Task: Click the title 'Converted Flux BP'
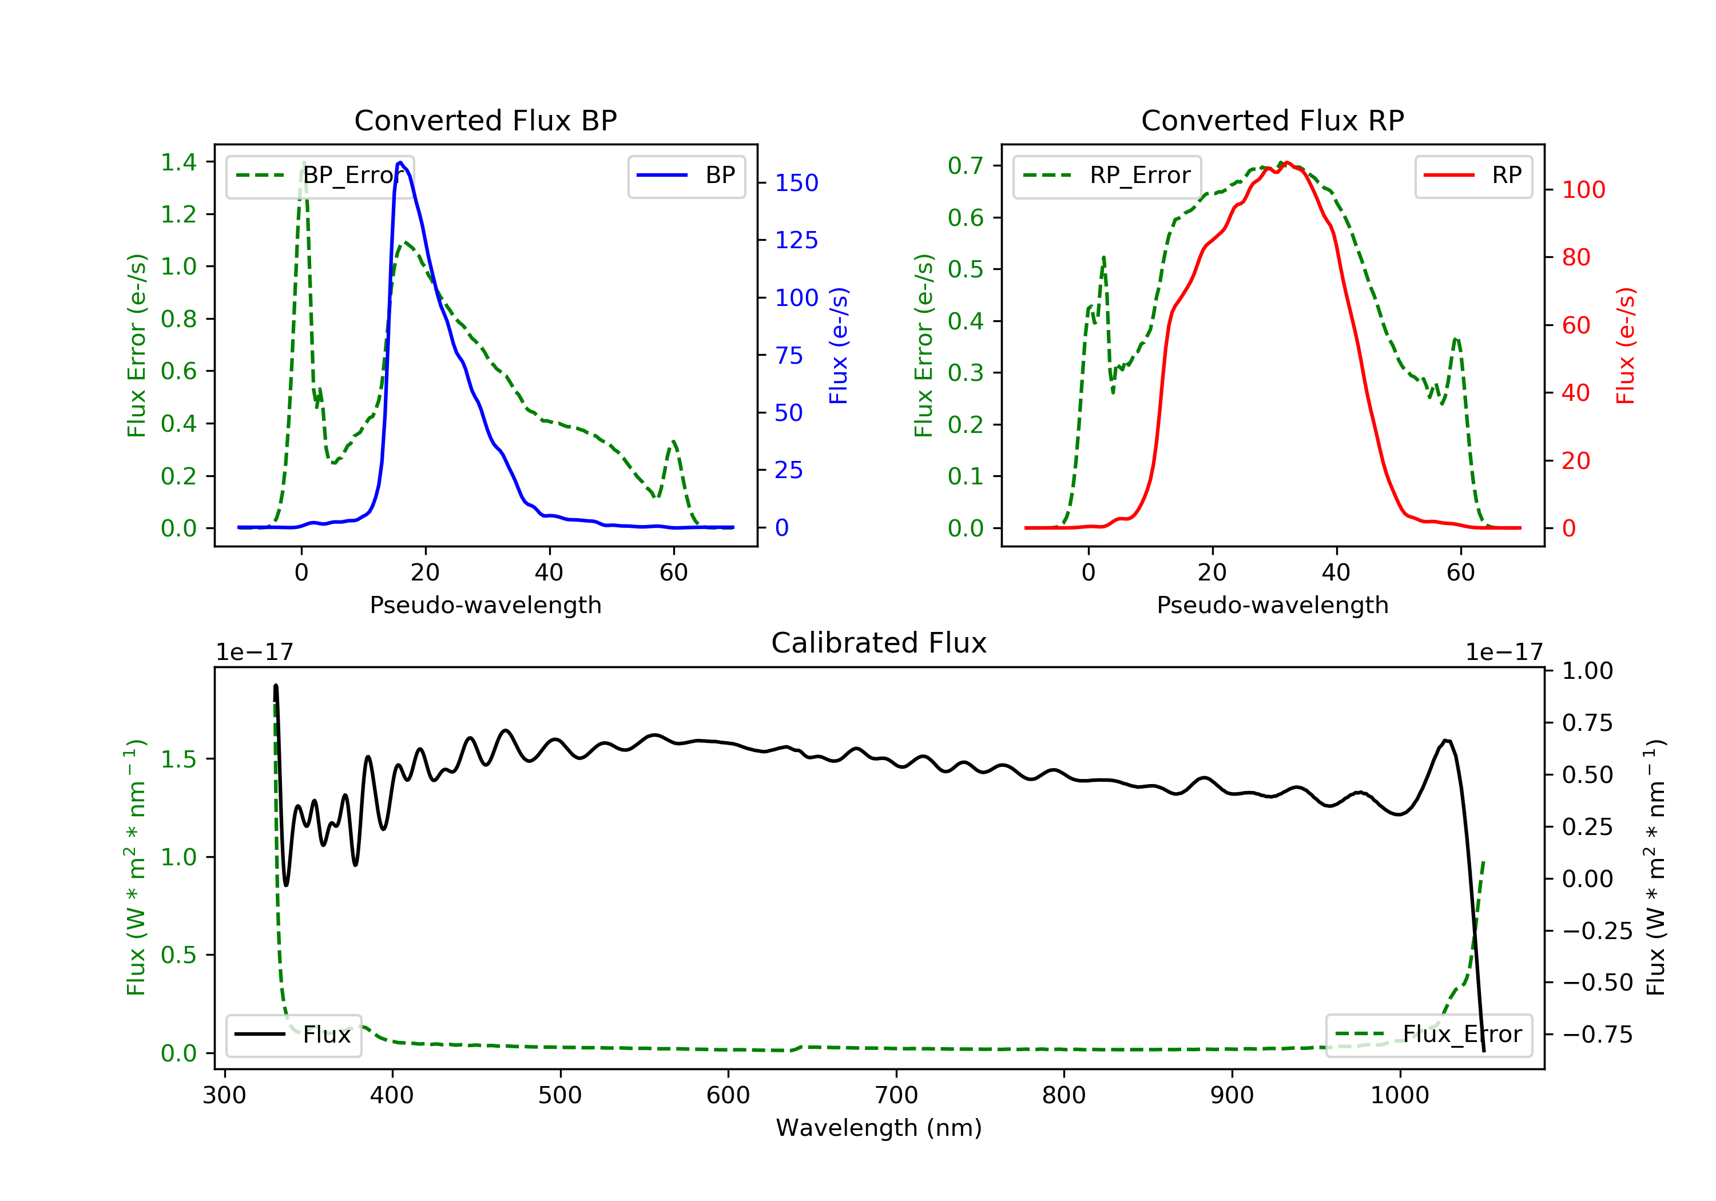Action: tap(485, 120)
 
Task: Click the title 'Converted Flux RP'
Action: tap(1272, 120)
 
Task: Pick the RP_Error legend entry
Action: tap(1107, 176)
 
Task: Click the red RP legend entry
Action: tap(1473, 176)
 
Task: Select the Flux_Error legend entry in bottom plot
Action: tap(1428, 1035)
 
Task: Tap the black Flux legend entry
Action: tap(294, 1035)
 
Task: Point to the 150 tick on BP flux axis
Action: tap(796, 183)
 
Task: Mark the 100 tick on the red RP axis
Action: tap(1583, 190)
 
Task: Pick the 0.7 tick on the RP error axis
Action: tap(965, 166)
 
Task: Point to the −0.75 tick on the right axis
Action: tap(1596, 1035)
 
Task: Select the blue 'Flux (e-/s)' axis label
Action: tap(839, 345)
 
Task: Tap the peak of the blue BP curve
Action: tap(400, 162)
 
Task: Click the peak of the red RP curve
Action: tap(1286, 162)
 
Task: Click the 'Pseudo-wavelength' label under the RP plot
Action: tap(1272, 605)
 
